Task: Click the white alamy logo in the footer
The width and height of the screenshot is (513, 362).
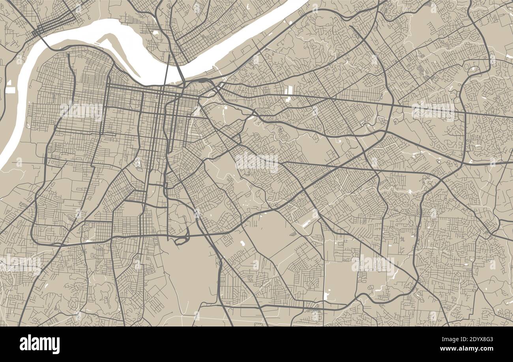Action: [x=39, y=344]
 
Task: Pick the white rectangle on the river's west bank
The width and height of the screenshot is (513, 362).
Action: [x=10, y=90]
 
